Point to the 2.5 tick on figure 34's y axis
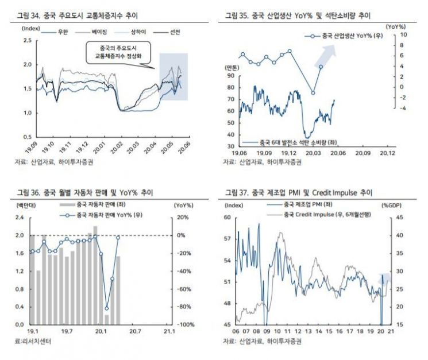click(27, 40)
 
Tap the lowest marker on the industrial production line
click(313, 92)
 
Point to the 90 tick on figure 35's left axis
click(230, 75)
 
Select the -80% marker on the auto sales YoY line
click(107, 308)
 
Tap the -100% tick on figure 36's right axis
click(183, 325)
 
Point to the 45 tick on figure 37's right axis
click(400, 217)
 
